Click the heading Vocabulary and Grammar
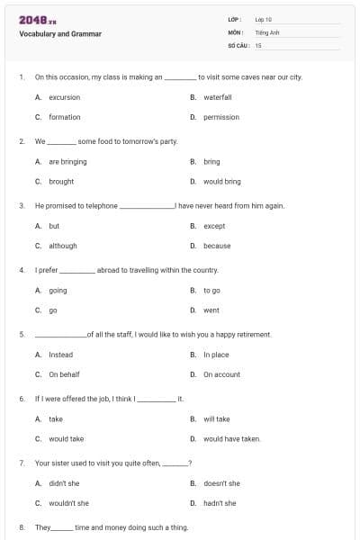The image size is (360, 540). [x=60, y=34]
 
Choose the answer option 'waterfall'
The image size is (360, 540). [x=218, y=97]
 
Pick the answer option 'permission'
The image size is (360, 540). [x=221, y=117]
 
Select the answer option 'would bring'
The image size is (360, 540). [x=222, y=182]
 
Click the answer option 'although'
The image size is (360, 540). [x=63, y=246]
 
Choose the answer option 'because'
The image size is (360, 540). [x=217, y=246]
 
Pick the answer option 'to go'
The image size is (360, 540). [x=212, y=291]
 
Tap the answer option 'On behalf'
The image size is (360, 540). [x=64, y=374]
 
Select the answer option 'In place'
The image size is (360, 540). [x=216, y=355]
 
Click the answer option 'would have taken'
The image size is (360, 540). [x=232, y=439]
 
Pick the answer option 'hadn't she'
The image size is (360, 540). [x=220, y=503]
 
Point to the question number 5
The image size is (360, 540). [x=21, y=334]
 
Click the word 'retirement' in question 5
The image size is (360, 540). [x=252, y=334]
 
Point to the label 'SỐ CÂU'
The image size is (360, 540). [x=238, y=45]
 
